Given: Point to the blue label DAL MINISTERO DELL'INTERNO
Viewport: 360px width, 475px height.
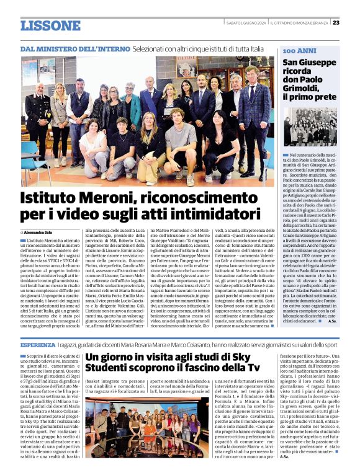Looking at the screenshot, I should point(74,48).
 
